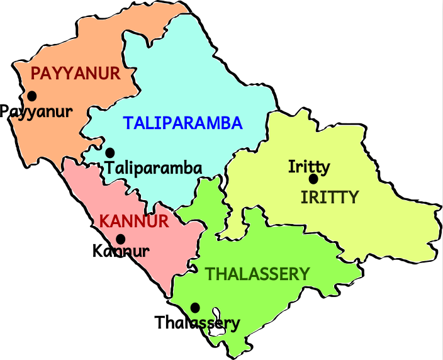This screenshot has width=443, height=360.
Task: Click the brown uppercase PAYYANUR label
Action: coord(75,74)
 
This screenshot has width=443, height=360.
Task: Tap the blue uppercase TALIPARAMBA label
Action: coord(182,123)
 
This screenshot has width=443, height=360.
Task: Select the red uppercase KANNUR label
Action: coord(134,222)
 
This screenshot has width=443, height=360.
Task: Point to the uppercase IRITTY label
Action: coord(329,197)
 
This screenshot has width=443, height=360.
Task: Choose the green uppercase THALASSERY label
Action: coord(258,274)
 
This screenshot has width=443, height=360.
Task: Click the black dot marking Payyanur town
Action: coord(31,96)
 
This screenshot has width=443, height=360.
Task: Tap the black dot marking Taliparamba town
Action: coord(110,152)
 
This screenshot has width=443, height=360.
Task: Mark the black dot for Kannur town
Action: coord(120,239)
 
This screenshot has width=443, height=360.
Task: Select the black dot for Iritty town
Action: coord(313,179)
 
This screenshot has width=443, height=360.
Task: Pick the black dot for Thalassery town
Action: coord(195,307)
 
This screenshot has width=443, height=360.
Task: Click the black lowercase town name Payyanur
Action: coord(36,112)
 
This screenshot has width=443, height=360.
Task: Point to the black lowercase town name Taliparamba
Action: coord(154,169)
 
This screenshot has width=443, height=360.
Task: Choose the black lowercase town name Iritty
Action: coord(309,167)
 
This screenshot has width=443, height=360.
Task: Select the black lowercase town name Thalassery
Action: coord(197,323)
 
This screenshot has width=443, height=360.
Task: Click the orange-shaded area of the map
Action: coord(50,132)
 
